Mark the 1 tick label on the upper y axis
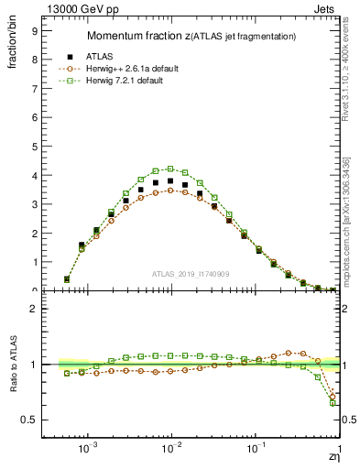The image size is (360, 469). (x=33, y=262)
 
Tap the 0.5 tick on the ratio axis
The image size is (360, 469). (x=29, y=420)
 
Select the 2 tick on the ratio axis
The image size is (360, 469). (x=33, y=309)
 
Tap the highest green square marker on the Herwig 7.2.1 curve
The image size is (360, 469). (x=170, y=169)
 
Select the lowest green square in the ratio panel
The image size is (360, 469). (x=333, y=403)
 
